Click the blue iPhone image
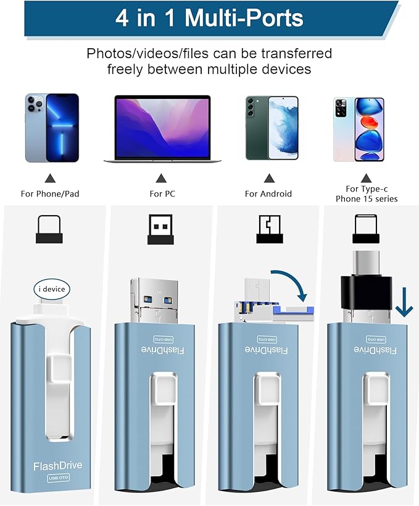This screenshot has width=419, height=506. [52, 128]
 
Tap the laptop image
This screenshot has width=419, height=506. [162, 129]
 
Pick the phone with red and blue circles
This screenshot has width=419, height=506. [358, 129]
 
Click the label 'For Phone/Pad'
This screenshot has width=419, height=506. [50, 193]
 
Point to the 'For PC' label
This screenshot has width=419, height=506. [162, 193]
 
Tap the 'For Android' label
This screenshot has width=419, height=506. [268, 193]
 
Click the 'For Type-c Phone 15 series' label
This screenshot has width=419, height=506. [367, 193]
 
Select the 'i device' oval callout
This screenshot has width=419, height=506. [51, 288]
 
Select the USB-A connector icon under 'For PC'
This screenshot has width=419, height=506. [162, 229]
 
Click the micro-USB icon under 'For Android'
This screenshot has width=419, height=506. [268, 229]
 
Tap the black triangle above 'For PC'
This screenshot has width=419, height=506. [162, 179]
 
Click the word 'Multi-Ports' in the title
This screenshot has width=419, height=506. [245, 18]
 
